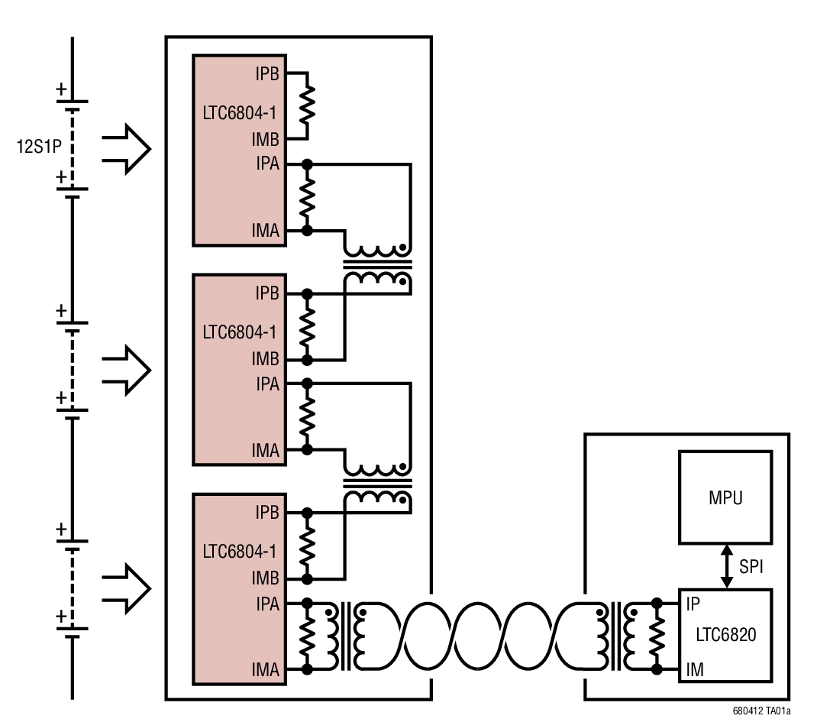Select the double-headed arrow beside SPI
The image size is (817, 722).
727,566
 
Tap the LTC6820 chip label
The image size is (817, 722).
725,635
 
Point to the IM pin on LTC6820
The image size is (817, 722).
695,670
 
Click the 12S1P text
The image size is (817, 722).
40,144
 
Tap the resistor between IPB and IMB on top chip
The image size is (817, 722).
307,106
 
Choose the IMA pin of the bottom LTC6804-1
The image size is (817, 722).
266,670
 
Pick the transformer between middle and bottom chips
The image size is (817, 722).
376,484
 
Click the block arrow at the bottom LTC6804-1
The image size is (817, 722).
127,589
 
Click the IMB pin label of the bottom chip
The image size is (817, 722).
266,579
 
